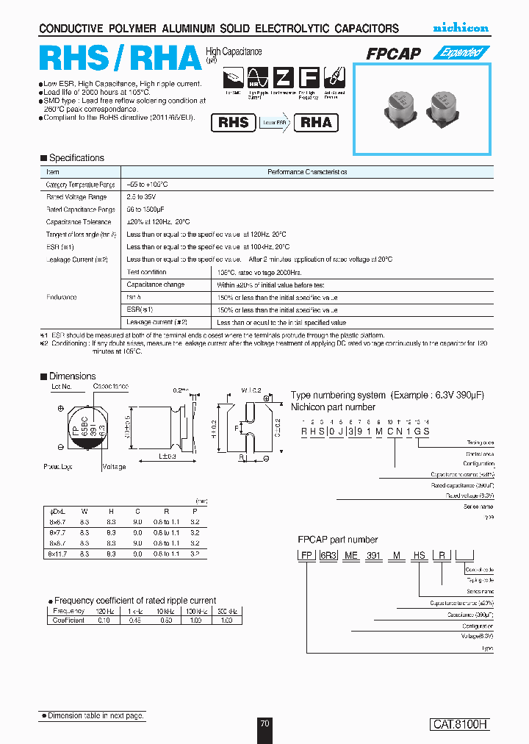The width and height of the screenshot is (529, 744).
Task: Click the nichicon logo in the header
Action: click(460, 28)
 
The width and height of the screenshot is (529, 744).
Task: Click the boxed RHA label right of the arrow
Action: click(317, 123)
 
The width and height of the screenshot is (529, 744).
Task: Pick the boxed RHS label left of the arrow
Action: click(234, 123)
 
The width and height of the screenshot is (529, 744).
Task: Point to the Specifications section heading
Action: click(76, 158)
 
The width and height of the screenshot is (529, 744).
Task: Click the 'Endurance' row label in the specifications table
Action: click(62, 297)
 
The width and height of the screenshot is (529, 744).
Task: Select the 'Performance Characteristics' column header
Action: click(306, 171)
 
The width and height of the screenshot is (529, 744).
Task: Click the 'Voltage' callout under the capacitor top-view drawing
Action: click(114, 466)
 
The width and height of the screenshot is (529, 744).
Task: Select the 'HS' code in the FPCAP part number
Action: click(419, 556)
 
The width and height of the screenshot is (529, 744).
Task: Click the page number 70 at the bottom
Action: click(264, 723)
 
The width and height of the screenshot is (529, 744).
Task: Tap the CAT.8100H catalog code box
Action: click(459, 724)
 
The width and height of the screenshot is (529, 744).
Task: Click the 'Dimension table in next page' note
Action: click(93, 715)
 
